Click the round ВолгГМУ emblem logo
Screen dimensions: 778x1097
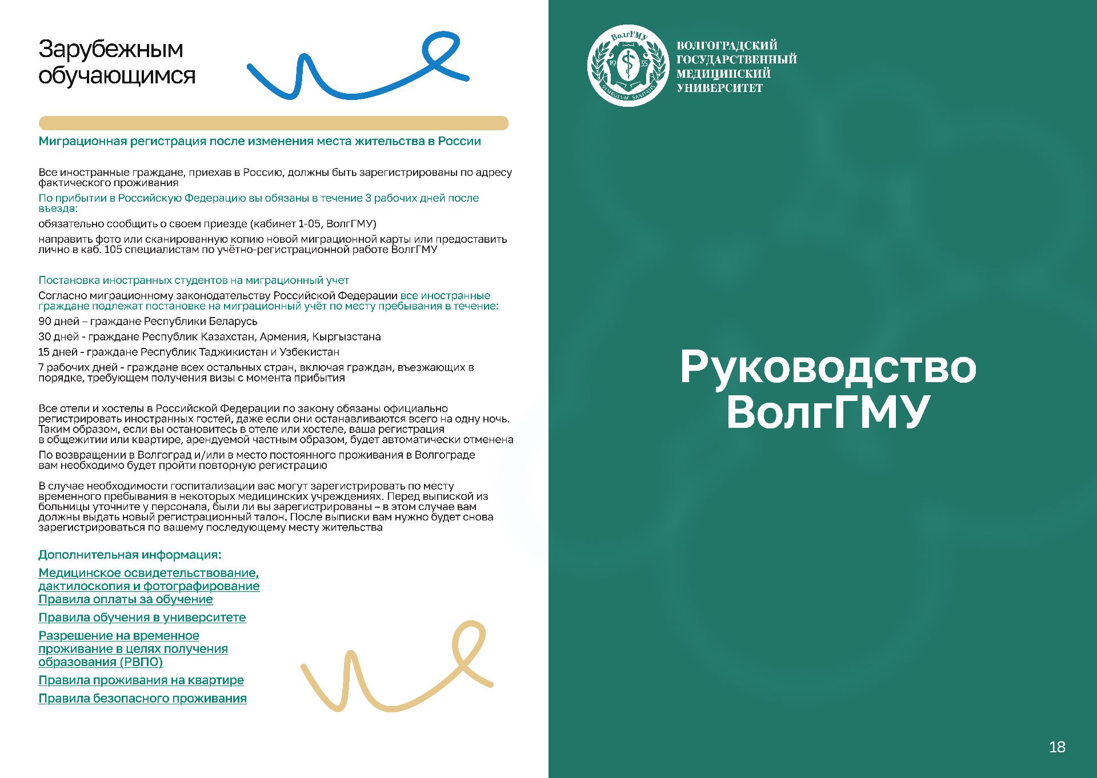tap(628, 65)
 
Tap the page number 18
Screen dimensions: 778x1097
tap(1056, 747)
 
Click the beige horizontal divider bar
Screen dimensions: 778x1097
tap(273, 123)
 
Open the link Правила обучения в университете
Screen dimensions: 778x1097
tap(142, 617)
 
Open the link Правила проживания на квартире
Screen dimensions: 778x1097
tap(141, 680)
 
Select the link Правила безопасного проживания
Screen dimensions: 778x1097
tap(142, 698)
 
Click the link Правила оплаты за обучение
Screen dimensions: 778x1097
tap(125, 599)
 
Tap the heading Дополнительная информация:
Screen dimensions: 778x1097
tap(130, 555)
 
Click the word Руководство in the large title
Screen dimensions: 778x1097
tap(828, 367)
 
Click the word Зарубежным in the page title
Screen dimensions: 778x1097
tap(111, 49)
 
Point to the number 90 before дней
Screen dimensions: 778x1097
tap(45, 321)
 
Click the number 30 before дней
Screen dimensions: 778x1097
tap(45, 336)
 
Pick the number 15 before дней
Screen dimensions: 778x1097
tap(45, 352)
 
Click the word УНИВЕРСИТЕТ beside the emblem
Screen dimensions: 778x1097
tap(719, 88)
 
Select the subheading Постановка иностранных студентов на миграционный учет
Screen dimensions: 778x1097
tap(193, 280)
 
